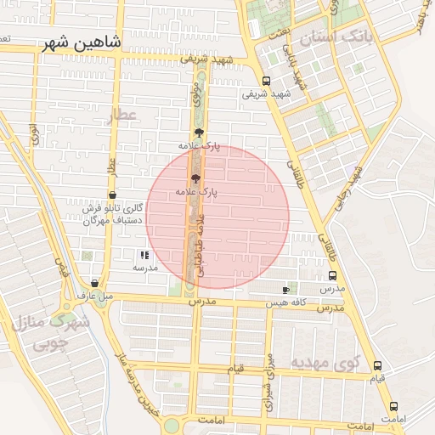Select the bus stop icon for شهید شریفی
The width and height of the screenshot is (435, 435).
click(x=267, y=82)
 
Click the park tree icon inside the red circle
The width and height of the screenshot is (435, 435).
click(x=196, y=179)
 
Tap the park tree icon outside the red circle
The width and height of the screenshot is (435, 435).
click(x=199, y=133)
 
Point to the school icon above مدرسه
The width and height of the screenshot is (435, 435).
click(x=144, y=254)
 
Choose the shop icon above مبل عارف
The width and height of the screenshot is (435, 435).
click(x=94, y=284)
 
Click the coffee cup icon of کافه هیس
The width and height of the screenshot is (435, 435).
click(x=285, y=291)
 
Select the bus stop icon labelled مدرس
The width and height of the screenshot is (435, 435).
click(x=331, y=276)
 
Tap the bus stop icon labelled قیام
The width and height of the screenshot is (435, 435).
click(x=377, y=365)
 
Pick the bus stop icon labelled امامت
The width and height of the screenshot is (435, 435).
click(x=393, y=407)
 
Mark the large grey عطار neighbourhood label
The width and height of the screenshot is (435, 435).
click(x=123, y=115)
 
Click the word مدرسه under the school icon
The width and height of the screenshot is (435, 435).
click(x=144, y=267)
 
